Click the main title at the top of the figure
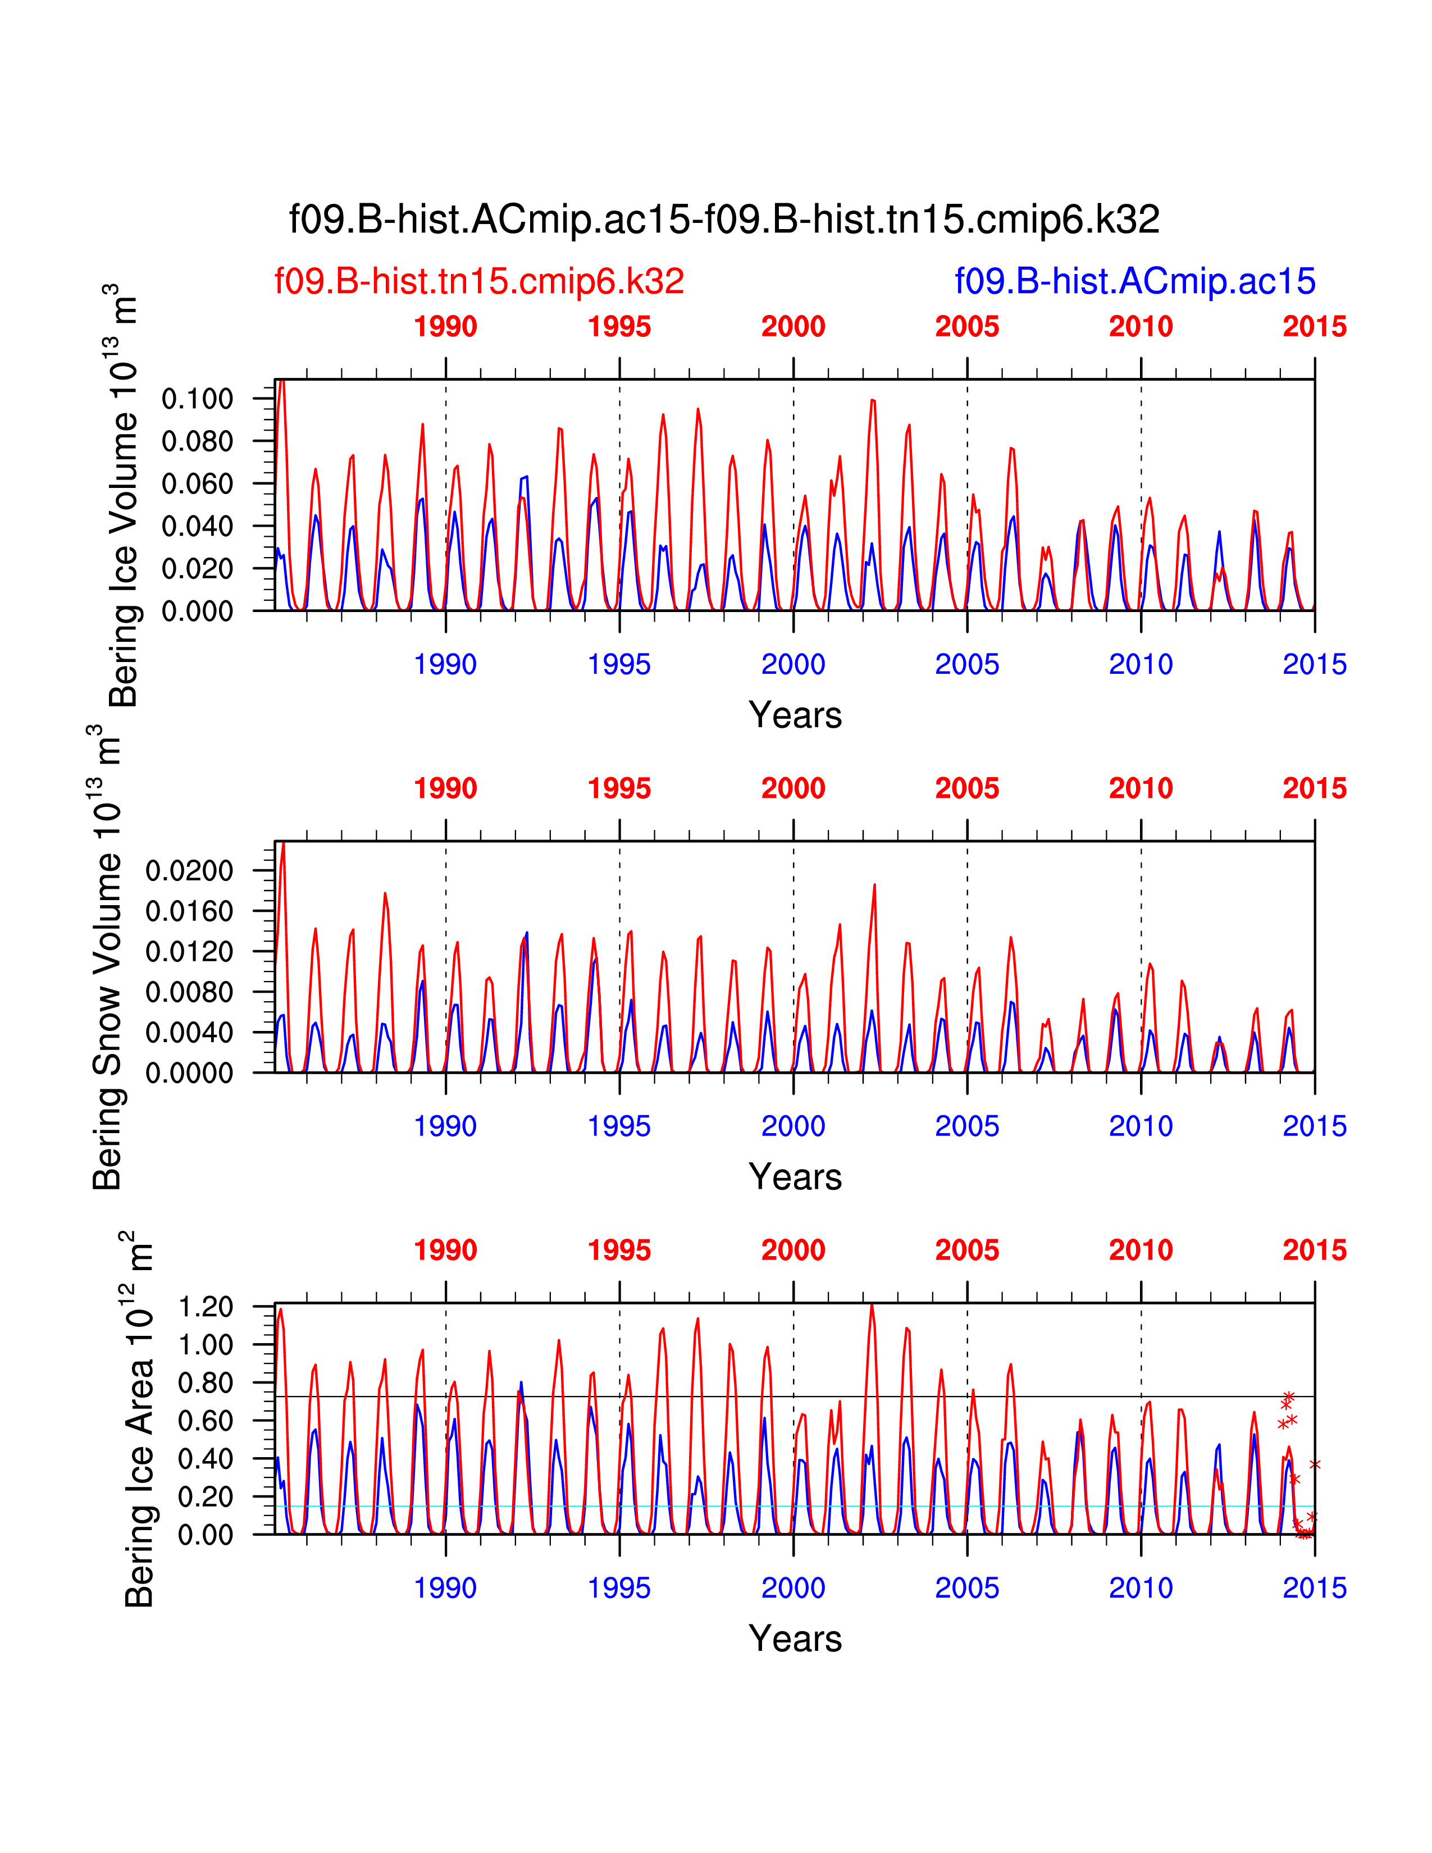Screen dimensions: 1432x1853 pyautogui.click(x=724, y=220)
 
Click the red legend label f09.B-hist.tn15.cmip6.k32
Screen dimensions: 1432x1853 pyautogui.click(x=480, y=281)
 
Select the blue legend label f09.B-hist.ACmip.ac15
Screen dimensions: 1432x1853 pyautogui.click(x=1135, y=281)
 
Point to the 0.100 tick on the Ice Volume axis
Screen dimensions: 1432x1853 pyautogui.click(x=197, y=399)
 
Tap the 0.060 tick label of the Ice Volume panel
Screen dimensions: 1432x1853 pyautogui.click(x=197, y=483)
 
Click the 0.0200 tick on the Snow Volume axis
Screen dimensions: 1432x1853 pyautogui.click(x=189, y=870)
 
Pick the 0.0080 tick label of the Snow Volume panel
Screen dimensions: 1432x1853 pyautogui.click(x=189, y=992)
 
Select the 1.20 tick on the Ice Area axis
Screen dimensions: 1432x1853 pyautogui.click(x=206, y=1307)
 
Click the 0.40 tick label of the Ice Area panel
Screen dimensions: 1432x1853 pyautogui.click(x=206, y=1458)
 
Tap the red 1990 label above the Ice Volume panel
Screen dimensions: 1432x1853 pyautogui.click(x=445, y=327)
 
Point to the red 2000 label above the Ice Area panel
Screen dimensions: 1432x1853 pyautogui.click(x=793, y=1250)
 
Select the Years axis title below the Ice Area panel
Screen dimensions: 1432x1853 pyautogui.click(x=795, y=1639)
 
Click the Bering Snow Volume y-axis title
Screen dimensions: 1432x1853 pyautogui.click(x=108, y=957)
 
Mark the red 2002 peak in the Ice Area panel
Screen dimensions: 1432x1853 pyautogui.click(x=871, y=1306)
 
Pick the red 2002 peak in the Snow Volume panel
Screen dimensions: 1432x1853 pyautogui.click(x=874, y=886)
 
